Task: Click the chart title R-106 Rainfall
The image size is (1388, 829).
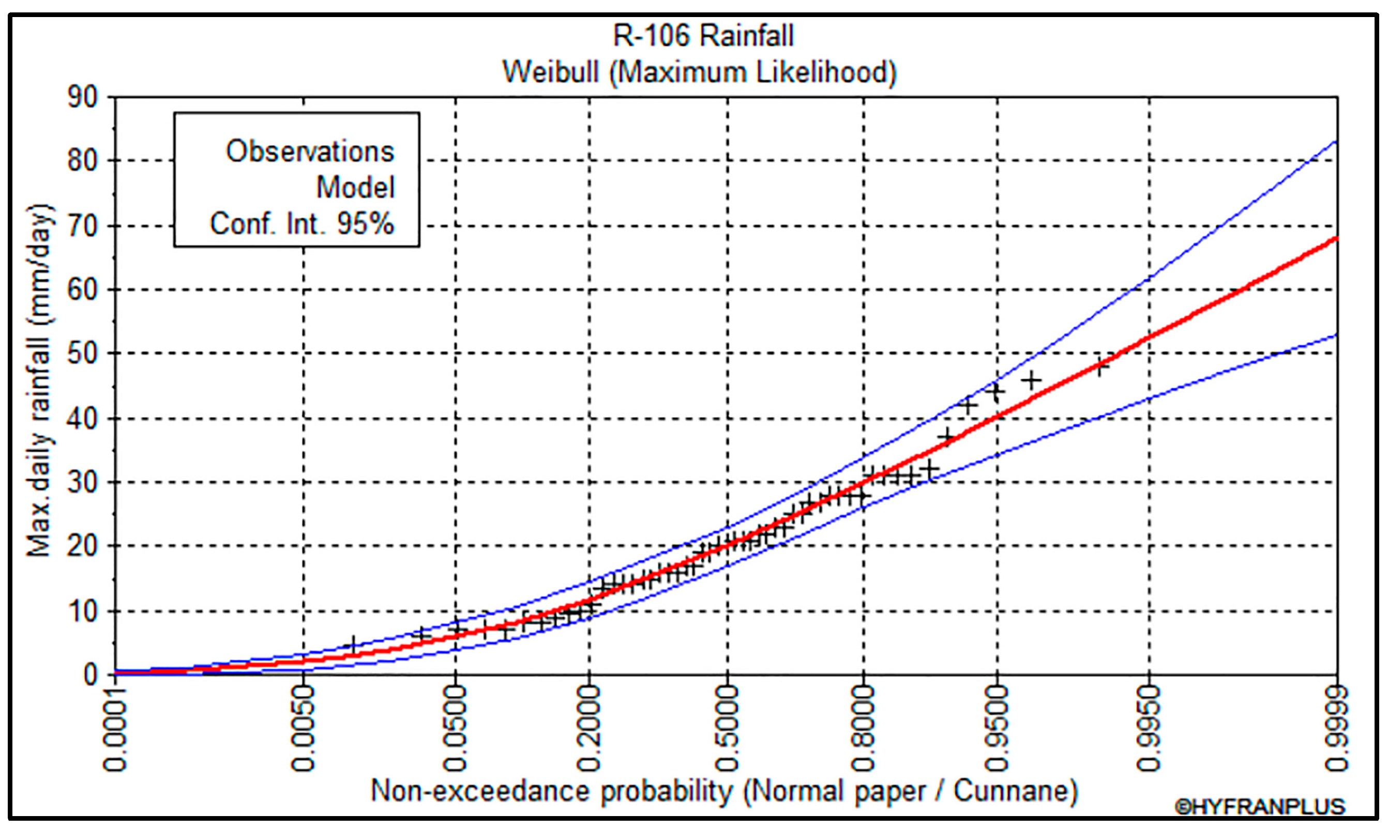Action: tap(703, 36)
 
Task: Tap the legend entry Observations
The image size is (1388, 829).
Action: tap(310, 151)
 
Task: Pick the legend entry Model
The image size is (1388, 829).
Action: tap(355, 187)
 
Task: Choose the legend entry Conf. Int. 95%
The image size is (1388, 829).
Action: tap(301, 224)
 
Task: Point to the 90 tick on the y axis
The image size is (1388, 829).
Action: tap(82, 98)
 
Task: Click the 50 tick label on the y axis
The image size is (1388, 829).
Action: tap(82, 354)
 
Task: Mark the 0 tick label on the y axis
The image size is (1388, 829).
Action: tap(90, 676)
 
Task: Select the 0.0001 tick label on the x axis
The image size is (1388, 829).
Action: tap(116, 730)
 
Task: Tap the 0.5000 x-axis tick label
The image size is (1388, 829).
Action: tap(727, 730)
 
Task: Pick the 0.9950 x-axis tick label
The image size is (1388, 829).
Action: tap(1150, 730)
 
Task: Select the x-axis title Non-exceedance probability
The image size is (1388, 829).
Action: tap(724, 791)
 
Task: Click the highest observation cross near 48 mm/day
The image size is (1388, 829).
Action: tap(1099, 366)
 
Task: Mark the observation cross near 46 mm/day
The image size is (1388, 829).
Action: tap(1032, 381)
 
